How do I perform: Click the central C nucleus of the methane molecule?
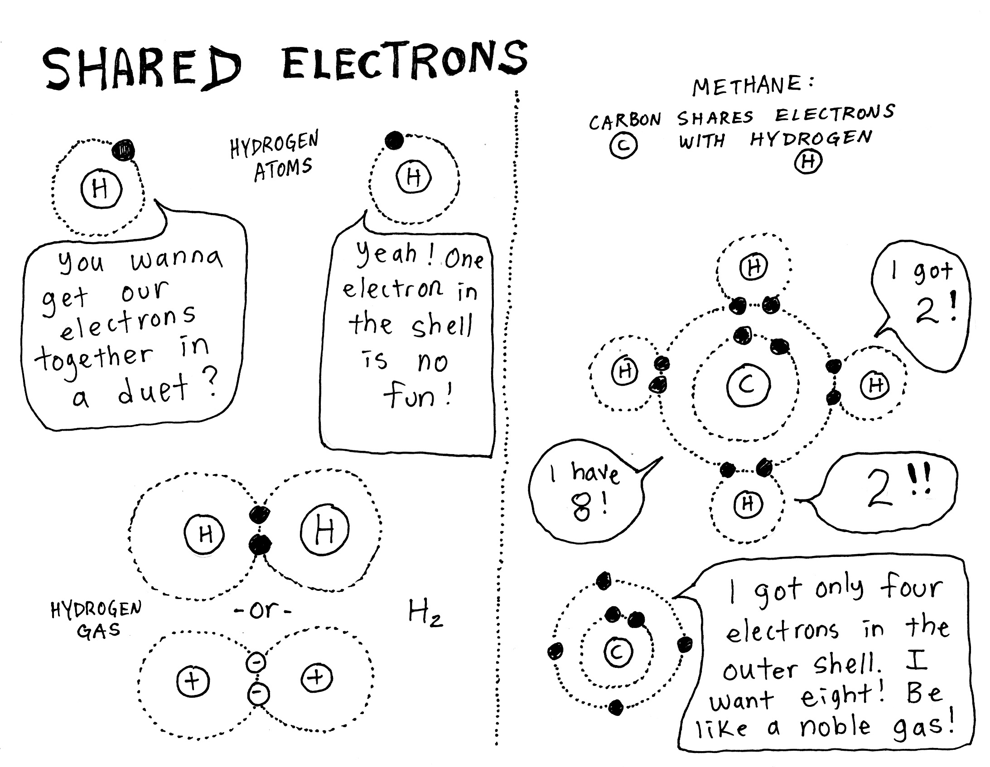tap(748, 386)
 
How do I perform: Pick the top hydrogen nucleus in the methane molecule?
tap(753, 267)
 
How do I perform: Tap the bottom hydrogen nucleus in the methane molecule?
tap(748, 503)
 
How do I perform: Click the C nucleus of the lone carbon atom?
tap(618, 652)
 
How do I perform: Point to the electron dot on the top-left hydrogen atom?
tap(123, 149)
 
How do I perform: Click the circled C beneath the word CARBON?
tap(623, 146)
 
